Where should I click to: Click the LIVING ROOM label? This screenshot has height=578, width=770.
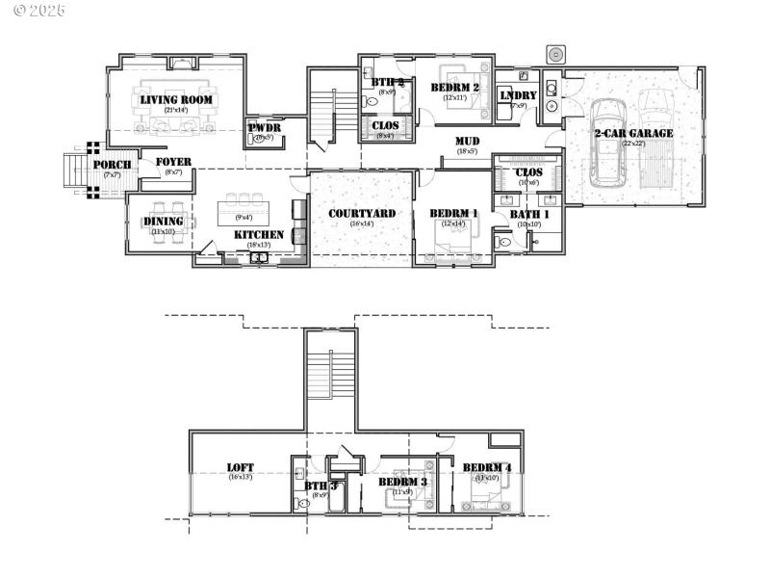tap(176, 99)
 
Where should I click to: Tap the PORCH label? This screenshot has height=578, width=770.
tap(112, 165)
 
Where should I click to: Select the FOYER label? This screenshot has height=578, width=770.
tap(173, 162)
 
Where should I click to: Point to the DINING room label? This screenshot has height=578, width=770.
tap(164, 222)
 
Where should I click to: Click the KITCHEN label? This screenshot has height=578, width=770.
tap(259, 234)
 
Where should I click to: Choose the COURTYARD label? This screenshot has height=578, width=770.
tap(362, 213)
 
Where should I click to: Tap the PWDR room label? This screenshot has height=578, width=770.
tap(264, 127)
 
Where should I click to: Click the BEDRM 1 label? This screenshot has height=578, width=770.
tap(452, 213)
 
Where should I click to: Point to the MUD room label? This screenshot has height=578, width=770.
tap(468, 141)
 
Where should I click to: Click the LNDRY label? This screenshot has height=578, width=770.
tap(518, 95)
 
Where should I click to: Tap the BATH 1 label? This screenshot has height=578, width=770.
tap(529, 213)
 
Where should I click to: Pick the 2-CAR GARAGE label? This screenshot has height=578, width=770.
tap(633, 133)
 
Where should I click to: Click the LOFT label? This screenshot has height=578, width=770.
tap(241, 467)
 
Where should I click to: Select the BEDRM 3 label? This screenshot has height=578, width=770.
tap(402, 482)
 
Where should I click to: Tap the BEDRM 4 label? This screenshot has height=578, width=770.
tap(487, 468)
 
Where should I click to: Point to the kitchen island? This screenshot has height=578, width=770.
tap(244, 209)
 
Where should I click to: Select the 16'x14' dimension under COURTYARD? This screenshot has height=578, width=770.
tap(362, 223)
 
